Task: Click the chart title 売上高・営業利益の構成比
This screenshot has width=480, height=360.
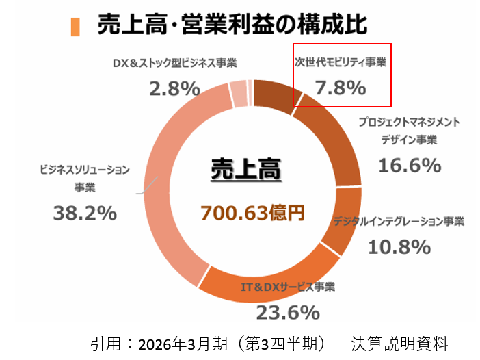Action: point(232,23)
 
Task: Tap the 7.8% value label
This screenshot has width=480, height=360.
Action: point(340,88)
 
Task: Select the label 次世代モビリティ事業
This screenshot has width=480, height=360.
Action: point(341,63)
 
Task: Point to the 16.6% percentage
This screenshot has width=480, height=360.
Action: point(409,165)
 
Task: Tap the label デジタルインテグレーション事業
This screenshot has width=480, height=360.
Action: point(399,222)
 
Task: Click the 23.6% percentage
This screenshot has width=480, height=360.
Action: point(288,312)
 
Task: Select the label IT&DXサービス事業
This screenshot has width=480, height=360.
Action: point(288,287)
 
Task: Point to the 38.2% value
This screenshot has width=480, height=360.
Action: point(85,213)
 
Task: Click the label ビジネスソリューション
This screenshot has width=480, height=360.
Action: point(85,169)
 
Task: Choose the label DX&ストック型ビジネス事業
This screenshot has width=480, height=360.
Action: point(174,63)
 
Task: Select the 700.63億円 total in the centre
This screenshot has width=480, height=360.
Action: point(252,213)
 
